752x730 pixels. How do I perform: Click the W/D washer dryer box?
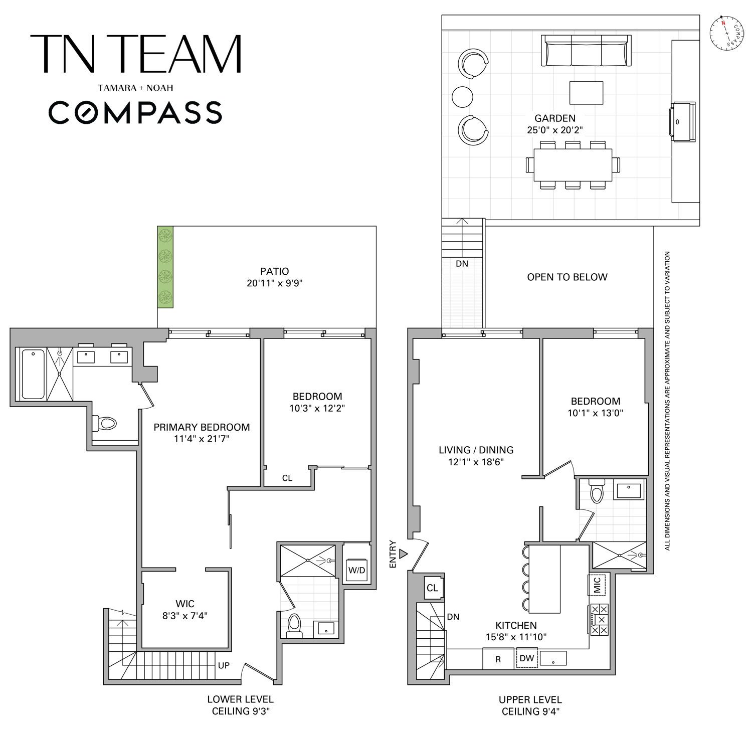pos(357,570)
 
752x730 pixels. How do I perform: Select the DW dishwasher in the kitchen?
pos(527,658)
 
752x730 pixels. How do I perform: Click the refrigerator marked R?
pos(498,659)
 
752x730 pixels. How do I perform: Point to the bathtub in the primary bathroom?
pos(33,374)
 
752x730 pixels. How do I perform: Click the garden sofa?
pos(586,51)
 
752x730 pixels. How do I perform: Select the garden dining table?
pos(573,164)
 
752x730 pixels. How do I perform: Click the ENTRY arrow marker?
pos(404,554)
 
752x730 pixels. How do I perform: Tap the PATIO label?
pos(275,271)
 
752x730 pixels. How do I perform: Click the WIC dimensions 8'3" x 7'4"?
pos(185,616)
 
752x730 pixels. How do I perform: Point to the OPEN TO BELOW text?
pos(567,277)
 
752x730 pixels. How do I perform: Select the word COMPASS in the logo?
pos(135,112)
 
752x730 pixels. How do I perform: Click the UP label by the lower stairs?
pos(224,666)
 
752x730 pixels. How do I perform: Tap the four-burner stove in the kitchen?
pos(600,620)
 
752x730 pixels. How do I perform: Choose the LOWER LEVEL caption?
pos(241,699)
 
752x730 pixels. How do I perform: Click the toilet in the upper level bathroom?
pos(597,491)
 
